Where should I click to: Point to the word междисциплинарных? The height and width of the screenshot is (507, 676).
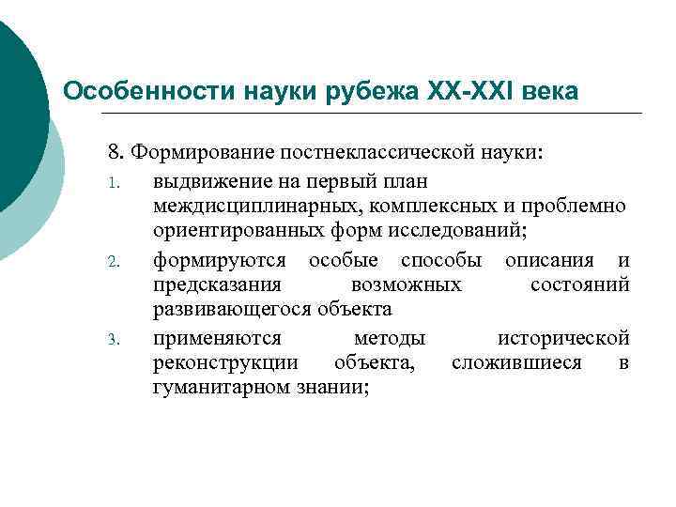pos(246,205)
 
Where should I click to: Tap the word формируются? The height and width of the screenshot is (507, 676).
pos(212,258)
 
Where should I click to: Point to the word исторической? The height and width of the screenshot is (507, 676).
pos(563,337)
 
